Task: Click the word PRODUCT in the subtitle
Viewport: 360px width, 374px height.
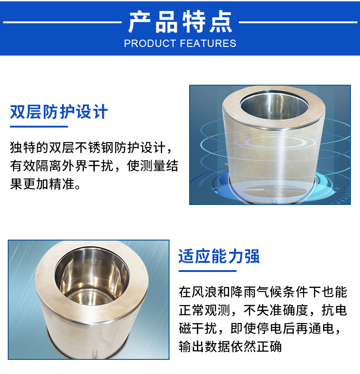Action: (150, 44)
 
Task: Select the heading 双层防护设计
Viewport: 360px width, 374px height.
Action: (59, 112)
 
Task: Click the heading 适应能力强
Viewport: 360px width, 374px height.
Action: (219, 257)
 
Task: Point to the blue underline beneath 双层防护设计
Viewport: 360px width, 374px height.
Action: (39, 127)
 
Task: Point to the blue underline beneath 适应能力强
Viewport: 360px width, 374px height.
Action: (207, 271)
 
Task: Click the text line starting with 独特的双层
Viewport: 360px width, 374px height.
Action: (91, 148)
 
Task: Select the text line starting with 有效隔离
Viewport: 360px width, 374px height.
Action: (94, 166)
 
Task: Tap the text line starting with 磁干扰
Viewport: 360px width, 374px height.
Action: (260, 328)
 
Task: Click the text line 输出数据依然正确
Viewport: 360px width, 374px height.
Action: (230, 347)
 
